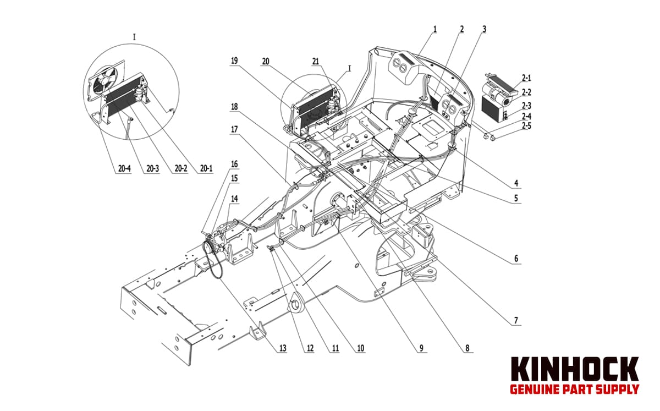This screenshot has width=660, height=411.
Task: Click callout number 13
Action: point(282,348)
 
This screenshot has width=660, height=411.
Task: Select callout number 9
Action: point(421,348)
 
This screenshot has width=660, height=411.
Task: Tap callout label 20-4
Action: point(124,169)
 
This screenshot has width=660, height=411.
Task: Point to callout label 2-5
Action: point(526,126)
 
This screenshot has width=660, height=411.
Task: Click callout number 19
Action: point(234,62)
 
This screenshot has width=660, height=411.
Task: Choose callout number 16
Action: point(234,164)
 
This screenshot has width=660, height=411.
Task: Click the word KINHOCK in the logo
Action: point(575,370)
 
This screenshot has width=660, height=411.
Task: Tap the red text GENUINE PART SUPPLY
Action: point(575,389)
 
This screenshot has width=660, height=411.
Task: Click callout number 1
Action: point(435,29)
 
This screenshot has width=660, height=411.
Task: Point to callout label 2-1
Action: point(526,78)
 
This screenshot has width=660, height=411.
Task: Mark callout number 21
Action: point(316,62)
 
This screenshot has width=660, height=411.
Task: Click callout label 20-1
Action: point(206,169)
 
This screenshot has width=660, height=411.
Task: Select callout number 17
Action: point(234,129)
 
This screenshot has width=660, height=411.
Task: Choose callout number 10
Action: point(361,348)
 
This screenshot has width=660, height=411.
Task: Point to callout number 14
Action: point(234,199)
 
